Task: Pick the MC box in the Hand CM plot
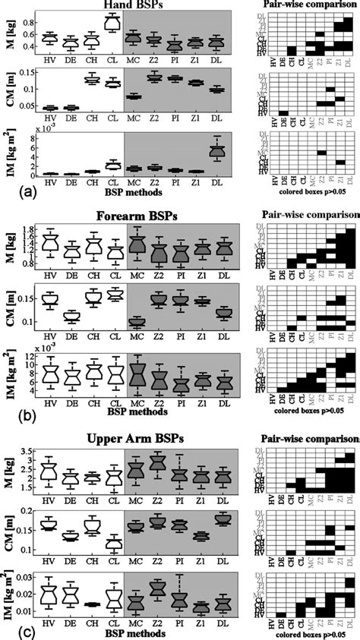[133, 96]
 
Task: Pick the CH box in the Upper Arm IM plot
[91, 604]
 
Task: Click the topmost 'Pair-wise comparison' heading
[312, 5]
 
